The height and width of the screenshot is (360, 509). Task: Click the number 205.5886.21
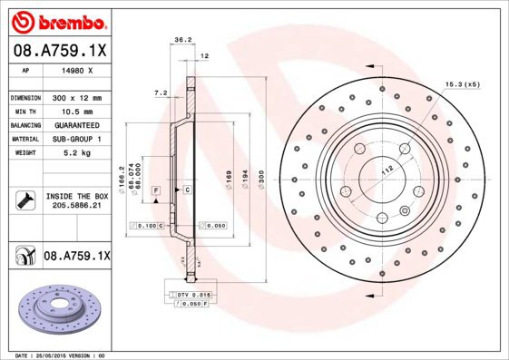pyautogui.click(x=76, y=206)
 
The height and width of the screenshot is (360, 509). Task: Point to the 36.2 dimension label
pyautogui.click(x=182, y=40)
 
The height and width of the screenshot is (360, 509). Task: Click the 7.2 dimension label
pyautogui.click(x=161, y=92)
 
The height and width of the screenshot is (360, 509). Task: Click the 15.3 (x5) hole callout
pyautogui.click(x=462, y=84)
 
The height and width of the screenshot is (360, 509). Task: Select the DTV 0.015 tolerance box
pyautogui.click(x=189, y=296)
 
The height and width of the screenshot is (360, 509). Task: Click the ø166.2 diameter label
pyautogui.click(x=121, y=178)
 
